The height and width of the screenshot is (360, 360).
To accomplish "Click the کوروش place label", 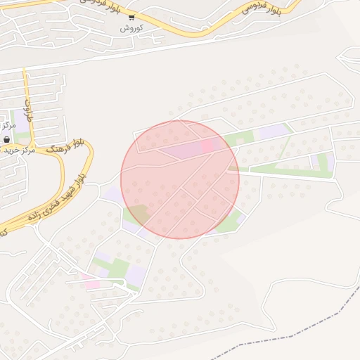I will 131,27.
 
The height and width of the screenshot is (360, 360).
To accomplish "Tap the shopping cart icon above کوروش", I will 131,17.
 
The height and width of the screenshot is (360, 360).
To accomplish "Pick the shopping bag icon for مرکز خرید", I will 6,139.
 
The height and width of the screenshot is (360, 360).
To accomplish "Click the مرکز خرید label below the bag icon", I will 17,150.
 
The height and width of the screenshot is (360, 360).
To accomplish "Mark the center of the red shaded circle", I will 180,179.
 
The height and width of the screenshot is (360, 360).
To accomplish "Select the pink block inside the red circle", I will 208,146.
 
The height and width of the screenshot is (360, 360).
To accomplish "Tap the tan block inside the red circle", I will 139,213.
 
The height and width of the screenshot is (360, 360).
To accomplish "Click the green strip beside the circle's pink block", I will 238,138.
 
